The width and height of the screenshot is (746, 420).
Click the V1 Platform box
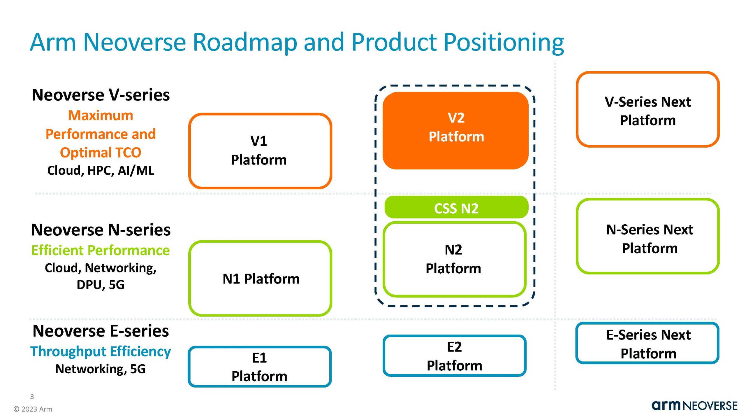(x=260, y=150)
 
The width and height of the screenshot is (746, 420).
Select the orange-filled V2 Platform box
(x=455, y=130)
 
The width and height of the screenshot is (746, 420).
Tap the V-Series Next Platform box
(x=648, y=109)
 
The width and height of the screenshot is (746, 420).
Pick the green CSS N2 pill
(x=456, y=208)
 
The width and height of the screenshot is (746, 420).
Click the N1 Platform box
(x=260, y=279)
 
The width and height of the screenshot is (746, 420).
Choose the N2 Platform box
(x=454, y=259)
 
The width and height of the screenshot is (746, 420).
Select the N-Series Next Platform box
(x=648, y=236)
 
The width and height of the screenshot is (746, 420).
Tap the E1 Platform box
(x=259, y=367)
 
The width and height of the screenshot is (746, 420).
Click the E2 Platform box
(x=454, y=356)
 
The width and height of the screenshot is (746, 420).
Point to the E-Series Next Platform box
(x=647, y=343)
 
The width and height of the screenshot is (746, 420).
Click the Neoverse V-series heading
(x=101, y=95)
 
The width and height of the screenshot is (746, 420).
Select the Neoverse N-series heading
(x=101, y=230)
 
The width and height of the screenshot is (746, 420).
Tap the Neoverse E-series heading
(x=101, y=331)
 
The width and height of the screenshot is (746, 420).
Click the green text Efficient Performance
(x=101, y=250)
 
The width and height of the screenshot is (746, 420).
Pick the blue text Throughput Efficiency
(x=101, y=351)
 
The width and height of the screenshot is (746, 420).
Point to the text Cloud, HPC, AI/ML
(x=101, y=170)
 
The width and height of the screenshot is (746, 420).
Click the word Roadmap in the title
(x=245, y=42)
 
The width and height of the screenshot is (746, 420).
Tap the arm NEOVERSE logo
(x=694, y=406)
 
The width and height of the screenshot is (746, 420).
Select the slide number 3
(x=32, y=397)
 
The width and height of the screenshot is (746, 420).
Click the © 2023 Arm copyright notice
(x=33, y=409)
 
